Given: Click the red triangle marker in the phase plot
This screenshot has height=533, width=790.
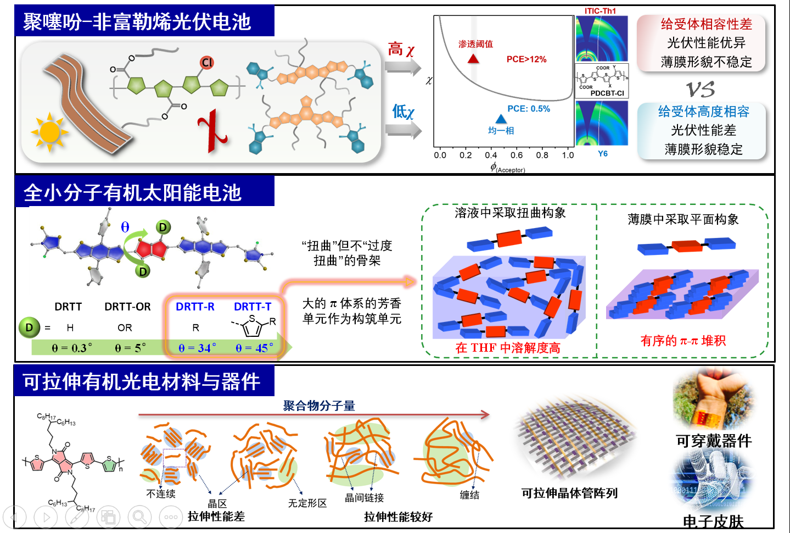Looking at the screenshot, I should pyautogui.click(x=473, y=58).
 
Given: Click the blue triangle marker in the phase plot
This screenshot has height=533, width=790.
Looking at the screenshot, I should pyautogui.click(x=501, y=119).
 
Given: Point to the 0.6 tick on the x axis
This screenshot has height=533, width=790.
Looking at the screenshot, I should pyautogui.click(x=517, y=155).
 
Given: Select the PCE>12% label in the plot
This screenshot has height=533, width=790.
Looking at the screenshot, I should pyautogui.click(x=526, y=59).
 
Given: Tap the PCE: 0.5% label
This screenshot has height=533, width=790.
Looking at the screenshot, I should pyautogui.click(x=528, y=109).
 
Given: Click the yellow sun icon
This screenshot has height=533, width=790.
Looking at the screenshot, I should pyautogui.click(x=49, y=132).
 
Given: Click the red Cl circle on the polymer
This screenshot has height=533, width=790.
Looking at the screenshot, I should pyautogui.click(x=207, y=63).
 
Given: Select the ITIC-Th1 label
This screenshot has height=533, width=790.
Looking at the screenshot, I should pyautogui.click(x=600, y=11).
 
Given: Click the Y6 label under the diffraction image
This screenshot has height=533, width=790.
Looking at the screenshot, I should pyautogui.click(x=603, y=154).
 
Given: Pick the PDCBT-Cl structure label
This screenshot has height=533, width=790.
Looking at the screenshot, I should pyautogui.click(x=607, y=93).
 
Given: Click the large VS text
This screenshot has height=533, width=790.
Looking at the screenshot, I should pyautogui.click(x=701, y=89).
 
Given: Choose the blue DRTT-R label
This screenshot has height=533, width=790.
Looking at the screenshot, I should pyautogui.click(x=195, y=307).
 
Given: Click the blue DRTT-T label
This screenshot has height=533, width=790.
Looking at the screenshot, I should pyautogui.click(x=253, y=307).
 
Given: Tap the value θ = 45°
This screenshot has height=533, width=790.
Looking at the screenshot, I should pyautogui.click(x=254, y=348).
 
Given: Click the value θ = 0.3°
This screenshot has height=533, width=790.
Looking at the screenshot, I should pyautogui.click(x=72, y=348).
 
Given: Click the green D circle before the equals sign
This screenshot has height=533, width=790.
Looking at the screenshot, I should pyautogui.click(x=29, y=327).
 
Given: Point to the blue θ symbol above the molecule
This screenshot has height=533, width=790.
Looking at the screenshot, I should pyautogui.click(x=125, y=227).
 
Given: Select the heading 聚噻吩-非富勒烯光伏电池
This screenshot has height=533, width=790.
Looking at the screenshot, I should pyautogui.click(x=137, y=22).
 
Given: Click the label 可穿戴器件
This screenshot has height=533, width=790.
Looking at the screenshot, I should pyautogui.click(x=714, y=441).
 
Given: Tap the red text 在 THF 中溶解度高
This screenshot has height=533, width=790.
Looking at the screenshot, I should pyautogui.click(x=508, y=348).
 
